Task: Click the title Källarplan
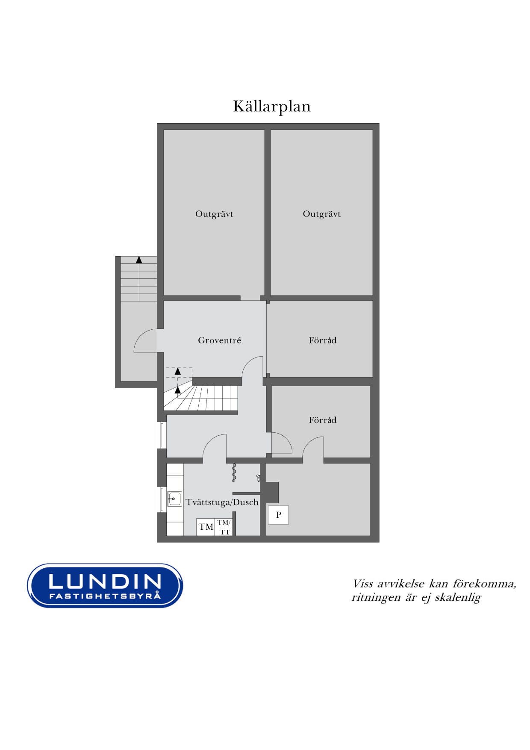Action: pos(272,106)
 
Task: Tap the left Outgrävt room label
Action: pos(214,214)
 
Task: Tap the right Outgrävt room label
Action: pos(322,214)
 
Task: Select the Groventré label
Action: pos(219,340)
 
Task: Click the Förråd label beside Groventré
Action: pos(323,340)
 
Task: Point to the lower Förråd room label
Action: pos(323,420)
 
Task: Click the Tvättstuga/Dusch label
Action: pos(222,502)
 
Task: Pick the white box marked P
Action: pos(278,515)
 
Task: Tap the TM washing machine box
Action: pos(206,527)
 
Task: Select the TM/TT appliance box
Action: pos(224,527)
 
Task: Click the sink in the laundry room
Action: pos(174,499)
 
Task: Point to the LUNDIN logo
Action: pos(105,585)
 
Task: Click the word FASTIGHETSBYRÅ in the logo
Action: pos(105,596)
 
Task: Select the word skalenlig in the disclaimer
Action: pos(458,597)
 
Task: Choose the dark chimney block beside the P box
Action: pos(272,492)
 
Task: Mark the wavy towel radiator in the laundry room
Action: pos(234,473)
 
